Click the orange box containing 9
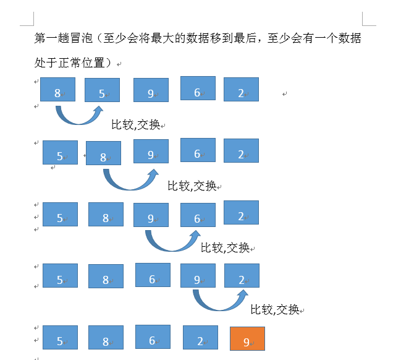click(247, 338)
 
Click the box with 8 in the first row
click(57, 90)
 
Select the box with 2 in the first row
click(241, 90)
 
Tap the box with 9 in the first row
click(151, 90)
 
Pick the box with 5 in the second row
click(60, 152)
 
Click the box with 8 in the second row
click(103, 153)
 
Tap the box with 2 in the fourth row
click(242, 276)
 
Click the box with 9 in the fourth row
click(198, 276)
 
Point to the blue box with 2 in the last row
click(200, 338)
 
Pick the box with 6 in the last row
click(153, 337)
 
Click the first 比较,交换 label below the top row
click(136, 125)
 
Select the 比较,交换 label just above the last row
click(275, 309)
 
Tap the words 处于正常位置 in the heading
click(69, 63)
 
